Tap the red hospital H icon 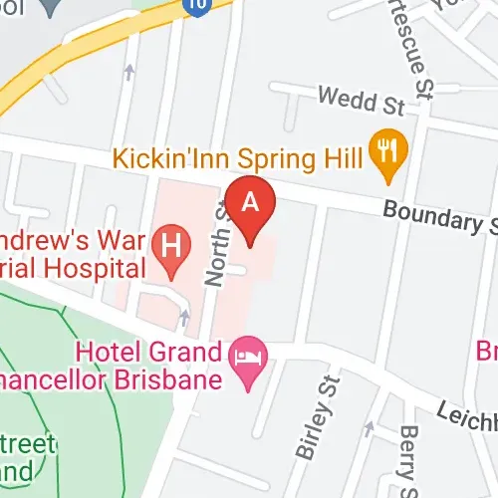[175, 244]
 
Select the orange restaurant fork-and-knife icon [383, 152]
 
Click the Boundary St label [439, 216]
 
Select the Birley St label [318, 417]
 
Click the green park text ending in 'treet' [30, 443]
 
